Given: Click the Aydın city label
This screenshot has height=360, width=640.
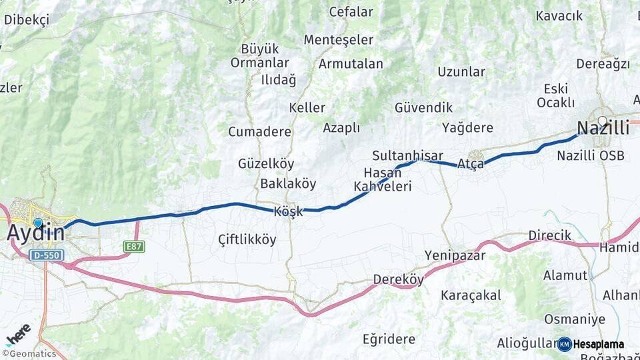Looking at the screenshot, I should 37,233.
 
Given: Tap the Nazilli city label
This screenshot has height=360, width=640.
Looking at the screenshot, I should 603,129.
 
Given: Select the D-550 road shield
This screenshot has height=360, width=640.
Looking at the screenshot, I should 47,255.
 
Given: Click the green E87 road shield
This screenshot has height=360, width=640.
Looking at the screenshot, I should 134,247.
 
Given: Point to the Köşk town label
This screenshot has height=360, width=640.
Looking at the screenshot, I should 288,211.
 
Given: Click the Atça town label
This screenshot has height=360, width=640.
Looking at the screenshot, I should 471,164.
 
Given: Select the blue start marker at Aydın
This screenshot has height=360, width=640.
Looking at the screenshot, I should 38,223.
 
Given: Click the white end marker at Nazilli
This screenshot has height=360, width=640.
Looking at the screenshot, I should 602,121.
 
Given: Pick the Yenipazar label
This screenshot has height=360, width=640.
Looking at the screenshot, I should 455,255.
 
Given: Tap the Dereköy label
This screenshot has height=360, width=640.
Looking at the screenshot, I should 398,279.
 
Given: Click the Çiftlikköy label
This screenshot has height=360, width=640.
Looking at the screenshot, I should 247,240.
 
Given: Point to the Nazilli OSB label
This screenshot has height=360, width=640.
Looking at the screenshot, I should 591,155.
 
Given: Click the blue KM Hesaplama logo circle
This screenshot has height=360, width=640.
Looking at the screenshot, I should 565,344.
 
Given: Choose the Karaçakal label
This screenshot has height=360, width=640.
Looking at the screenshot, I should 471,295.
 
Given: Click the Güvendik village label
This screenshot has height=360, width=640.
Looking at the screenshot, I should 423,107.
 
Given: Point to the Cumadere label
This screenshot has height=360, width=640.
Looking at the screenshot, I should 259,131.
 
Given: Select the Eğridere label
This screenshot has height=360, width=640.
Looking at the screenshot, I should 389,339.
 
